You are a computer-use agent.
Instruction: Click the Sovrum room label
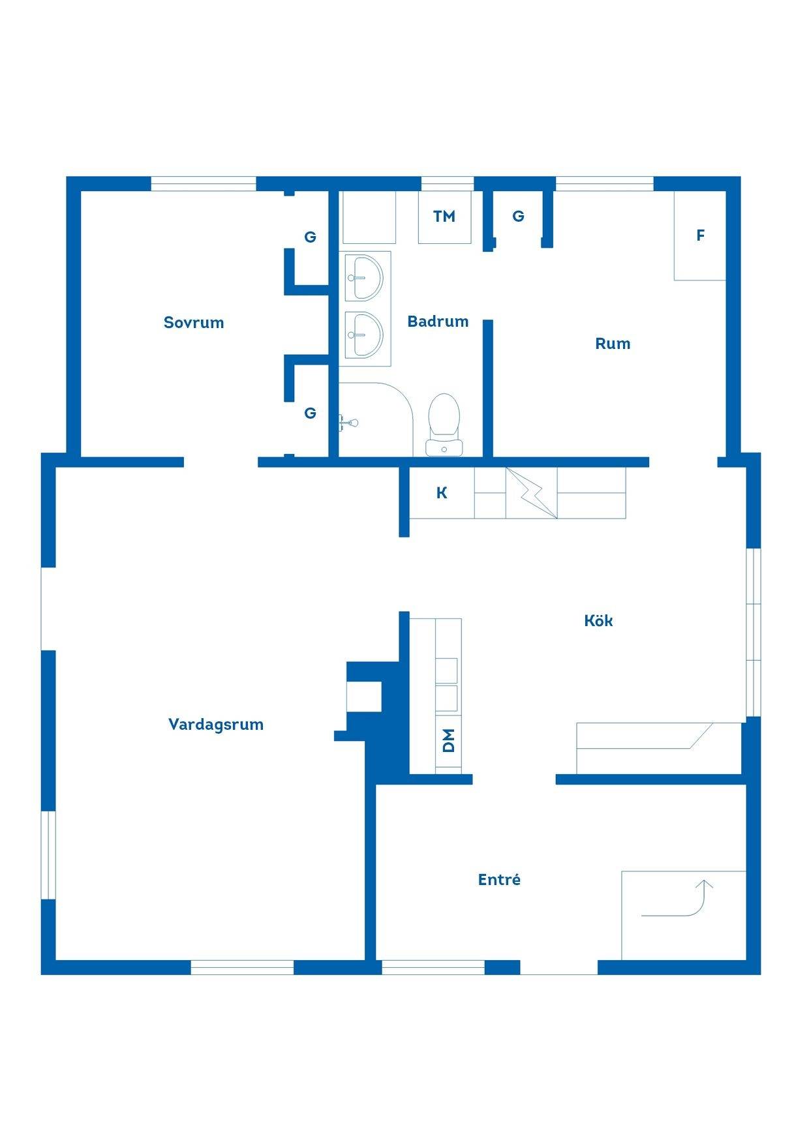[194, 322]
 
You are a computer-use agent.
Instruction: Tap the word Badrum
[438, 321]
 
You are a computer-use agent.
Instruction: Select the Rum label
[613, 344]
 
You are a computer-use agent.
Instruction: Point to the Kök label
[598, 620]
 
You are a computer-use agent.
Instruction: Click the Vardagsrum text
[216, 724]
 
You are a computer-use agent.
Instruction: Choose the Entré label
[499, 879]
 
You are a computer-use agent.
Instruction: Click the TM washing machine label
[444, 217]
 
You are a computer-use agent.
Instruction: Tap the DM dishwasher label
[448, 741]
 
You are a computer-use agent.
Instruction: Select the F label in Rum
[701, 235]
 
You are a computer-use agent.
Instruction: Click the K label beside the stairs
[442, 493]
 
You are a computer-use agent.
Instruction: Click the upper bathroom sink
[364, 277]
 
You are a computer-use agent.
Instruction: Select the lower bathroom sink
[364, 335]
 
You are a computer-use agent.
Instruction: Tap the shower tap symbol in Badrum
[348, 423]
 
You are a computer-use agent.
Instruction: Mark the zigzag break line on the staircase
[532, 494]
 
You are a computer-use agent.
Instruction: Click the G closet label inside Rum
[519, 217]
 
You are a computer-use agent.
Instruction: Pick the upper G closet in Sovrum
[311, 237]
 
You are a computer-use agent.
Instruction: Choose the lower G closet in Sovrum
[311, 413]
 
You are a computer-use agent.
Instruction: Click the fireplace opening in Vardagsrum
[363, 696]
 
